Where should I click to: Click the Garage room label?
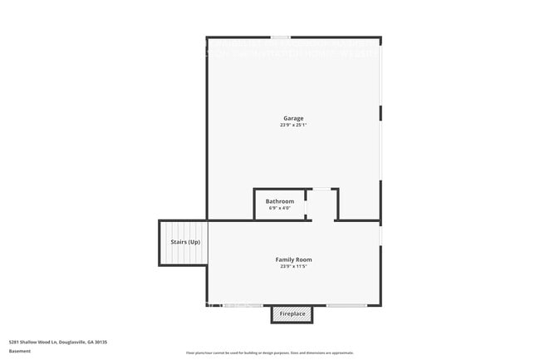pyautogui.click(x=293, y=118)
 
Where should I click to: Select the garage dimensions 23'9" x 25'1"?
pyautogui.click(x=293, y=126)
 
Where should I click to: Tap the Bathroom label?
pyautogui.click(x=279, y=201)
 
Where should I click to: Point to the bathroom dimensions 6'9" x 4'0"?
pyautogui.click(x=279, y=208)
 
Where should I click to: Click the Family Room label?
pyautogui.click(x=293, y=259)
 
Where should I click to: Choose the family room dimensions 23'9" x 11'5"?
pyautogui.click(x=293, y=267)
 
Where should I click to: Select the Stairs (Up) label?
pyautogui.click(x=184, y=242)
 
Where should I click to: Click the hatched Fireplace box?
pyautogui.click(x=292, y=314)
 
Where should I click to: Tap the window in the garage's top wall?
pyautogui.click(x=281, y=37)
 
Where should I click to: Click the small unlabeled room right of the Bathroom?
pyautogui.click(x=322, y=205)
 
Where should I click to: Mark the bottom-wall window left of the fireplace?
pyautogui.click(x=242, y=305)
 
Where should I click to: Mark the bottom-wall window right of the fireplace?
pyautogui.click(x=346, y=305)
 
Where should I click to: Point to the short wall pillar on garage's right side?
pyautogui.click(x=380, y=112)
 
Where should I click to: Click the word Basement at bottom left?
pyautogui.click(x=20, y=352)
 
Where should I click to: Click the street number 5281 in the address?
pyautogui.click(x=14, y=342)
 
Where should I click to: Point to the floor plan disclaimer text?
pyautogui.click(x=270, y=353)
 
